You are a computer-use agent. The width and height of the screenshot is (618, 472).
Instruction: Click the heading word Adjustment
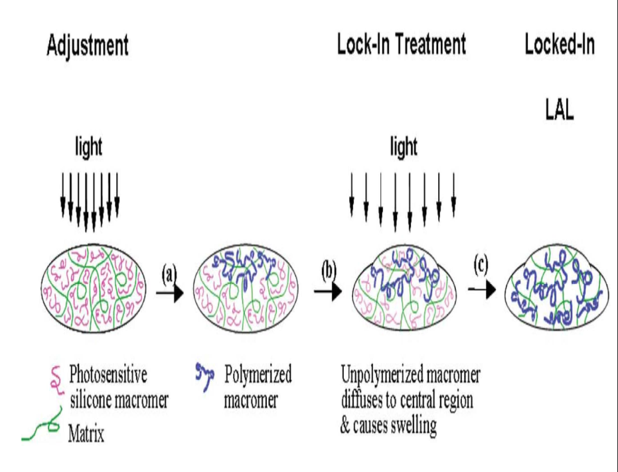pos(87,46)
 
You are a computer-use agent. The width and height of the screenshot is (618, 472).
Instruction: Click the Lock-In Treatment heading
pos(401,45)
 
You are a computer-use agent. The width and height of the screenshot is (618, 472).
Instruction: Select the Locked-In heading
pos(560,45)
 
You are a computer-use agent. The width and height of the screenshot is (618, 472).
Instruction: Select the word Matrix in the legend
pos(89,435)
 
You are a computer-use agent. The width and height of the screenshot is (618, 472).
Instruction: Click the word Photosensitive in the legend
pos(113,374)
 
